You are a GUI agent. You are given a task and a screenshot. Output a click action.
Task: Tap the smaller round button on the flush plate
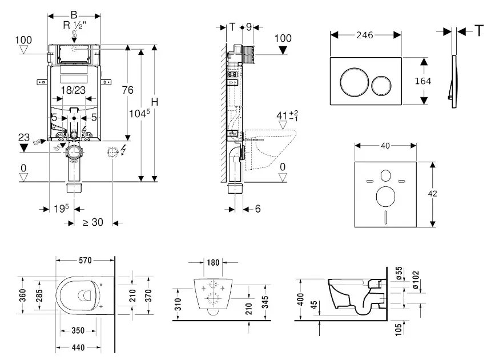click(381, 85)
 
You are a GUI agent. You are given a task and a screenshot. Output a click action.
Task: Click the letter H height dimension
click(154, 102)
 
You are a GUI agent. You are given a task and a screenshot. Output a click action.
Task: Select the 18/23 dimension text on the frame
click(73, 90)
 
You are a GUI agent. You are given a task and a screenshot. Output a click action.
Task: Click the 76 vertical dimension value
click(127, 90)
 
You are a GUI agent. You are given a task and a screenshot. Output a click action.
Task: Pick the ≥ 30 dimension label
click(92, 222)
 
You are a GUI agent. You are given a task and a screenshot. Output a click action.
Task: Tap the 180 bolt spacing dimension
click(212, 263)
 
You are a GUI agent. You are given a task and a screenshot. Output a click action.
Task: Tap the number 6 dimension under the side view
click(257, 209)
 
